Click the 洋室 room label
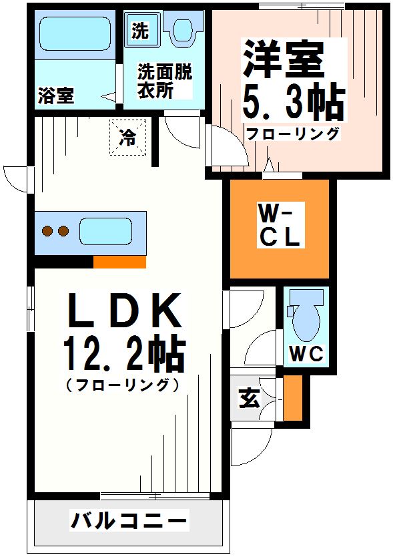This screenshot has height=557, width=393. pos(283,58)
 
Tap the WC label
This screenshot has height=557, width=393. pos(306,354)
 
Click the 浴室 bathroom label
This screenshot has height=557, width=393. pos(55,96)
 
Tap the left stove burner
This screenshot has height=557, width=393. pos(48,232)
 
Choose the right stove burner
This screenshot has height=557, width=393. pos(63,232)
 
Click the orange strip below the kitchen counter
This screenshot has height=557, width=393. pos(119,262)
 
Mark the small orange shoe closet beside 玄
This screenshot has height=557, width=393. pos(292,398)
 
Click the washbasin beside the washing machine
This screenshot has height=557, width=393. pos(182,30)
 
